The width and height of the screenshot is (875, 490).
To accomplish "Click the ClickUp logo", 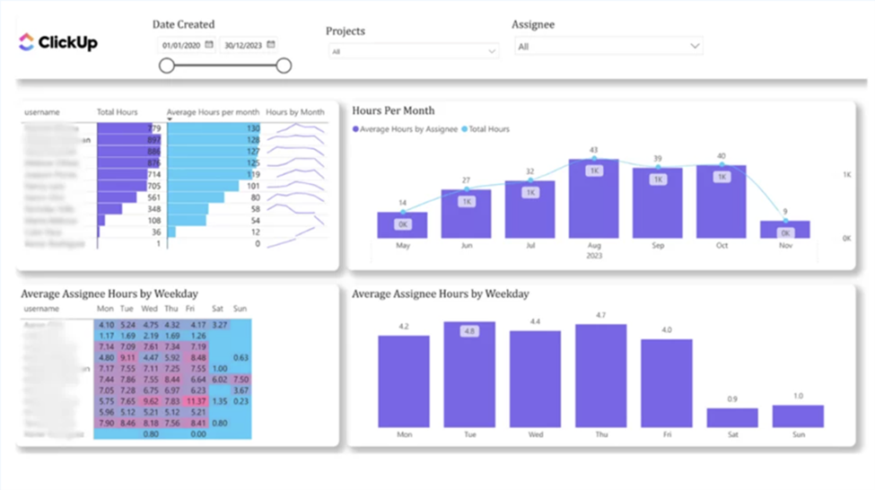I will click(58, 42).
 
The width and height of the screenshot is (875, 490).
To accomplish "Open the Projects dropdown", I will click(414, 51).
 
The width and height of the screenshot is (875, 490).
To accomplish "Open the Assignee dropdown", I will click(608, 46).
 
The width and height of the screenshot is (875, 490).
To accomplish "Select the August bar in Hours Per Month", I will click(593, 198).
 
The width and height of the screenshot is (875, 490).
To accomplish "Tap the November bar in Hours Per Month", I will click(784, 229).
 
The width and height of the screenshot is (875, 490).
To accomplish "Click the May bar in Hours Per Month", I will click(402, 224).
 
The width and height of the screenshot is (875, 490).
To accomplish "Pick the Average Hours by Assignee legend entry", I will click(406, 129).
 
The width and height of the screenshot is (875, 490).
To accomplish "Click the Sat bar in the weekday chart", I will click(731, 417).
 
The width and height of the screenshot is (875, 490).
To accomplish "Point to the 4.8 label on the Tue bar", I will click(468, 331).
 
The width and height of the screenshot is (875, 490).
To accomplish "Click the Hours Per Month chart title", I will click(393, 110).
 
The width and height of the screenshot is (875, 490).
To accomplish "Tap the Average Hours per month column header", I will click(213, 112).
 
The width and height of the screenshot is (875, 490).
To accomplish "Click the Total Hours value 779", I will click(153, 128).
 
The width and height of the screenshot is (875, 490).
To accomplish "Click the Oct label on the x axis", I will click(721, 245).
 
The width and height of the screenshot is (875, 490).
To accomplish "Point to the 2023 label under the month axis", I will click(593, 256).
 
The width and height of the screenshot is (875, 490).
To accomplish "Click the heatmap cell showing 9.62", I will click(151, 401).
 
